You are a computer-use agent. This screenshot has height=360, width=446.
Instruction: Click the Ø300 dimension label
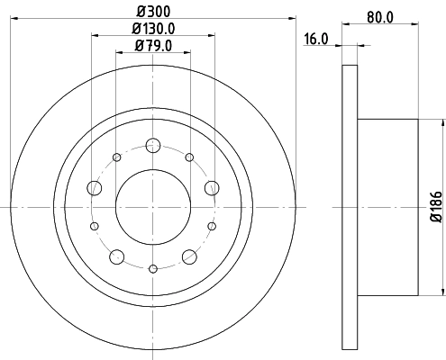153,9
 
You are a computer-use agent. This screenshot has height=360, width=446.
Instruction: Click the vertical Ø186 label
435,207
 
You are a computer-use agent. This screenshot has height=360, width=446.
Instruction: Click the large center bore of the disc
153,206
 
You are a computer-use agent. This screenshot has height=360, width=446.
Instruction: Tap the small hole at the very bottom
153,267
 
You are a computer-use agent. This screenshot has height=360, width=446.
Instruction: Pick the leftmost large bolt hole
95,187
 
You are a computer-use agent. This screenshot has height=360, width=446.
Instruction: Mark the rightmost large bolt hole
212,187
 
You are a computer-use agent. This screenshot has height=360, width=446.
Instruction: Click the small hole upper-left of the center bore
117,157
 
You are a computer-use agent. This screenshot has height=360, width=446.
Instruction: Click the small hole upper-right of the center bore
189,157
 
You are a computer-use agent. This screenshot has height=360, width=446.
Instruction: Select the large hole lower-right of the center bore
189,256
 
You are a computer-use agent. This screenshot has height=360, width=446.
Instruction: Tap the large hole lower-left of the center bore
117,256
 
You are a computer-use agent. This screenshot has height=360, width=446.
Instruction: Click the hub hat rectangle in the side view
387,206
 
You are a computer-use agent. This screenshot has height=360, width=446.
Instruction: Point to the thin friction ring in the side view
350,206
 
